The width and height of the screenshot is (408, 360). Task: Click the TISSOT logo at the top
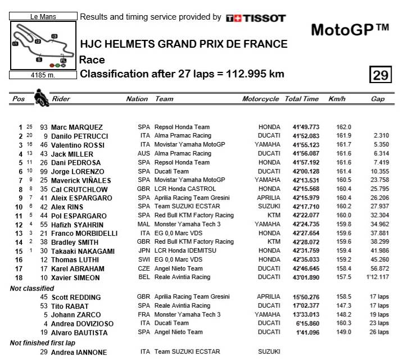click(256, 18)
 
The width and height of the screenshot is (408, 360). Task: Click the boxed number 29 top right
click(380, 75)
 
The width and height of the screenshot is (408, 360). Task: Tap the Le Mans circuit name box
click(42, 17)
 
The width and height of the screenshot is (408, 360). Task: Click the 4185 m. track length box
click(42, 75)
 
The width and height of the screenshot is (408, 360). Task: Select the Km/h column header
click(337, 99)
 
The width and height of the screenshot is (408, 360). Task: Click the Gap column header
click(378, 99)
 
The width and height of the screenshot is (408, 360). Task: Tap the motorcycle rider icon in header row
click(41, 98)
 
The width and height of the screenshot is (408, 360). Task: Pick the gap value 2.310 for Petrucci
click(380, 136)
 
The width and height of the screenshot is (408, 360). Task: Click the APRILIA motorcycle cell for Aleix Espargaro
click(268, 198)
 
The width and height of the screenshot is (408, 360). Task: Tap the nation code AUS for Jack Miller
click(144, 153)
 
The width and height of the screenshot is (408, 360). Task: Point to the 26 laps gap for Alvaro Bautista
click(379, 332)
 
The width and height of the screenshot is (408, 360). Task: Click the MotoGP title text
click(350, 29)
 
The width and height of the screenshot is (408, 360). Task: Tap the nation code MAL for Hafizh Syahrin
click(144, 224)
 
